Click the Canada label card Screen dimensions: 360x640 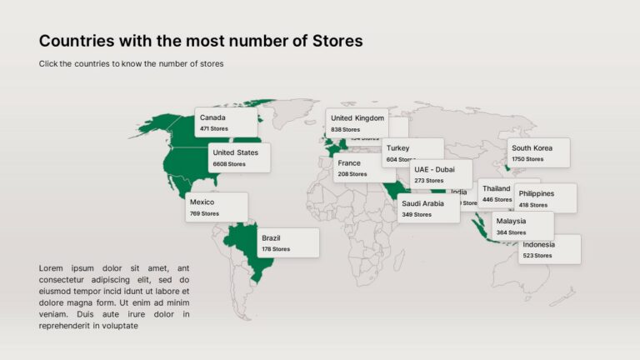(x=226, y=122)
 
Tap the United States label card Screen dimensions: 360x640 (x=239, y=157)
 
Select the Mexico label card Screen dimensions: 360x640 (x=216, y=207)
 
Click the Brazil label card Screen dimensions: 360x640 (x=287, y=242)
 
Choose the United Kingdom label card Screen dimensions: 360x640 (x=357, y=122)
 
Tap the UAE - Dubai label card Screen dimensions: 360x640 (x=441, y=174)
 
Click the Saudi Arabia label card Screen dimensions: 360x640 (x=427, y=208)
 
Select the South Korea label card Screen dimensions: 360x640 (x=538, y=152)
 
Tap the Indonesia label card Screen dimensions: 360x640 (x=549, y=249)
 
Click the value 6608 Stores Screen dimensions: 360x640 (x=229, y=164)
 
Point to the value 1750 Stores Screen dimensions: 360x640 (x=527, y=159)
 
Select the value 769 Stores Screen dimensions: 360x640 (x=204, y=214)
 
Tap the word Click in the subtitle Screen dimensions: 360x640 (x=48, y=63)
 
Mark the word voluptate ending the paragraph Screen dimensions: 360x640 (x=114, y=326)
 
